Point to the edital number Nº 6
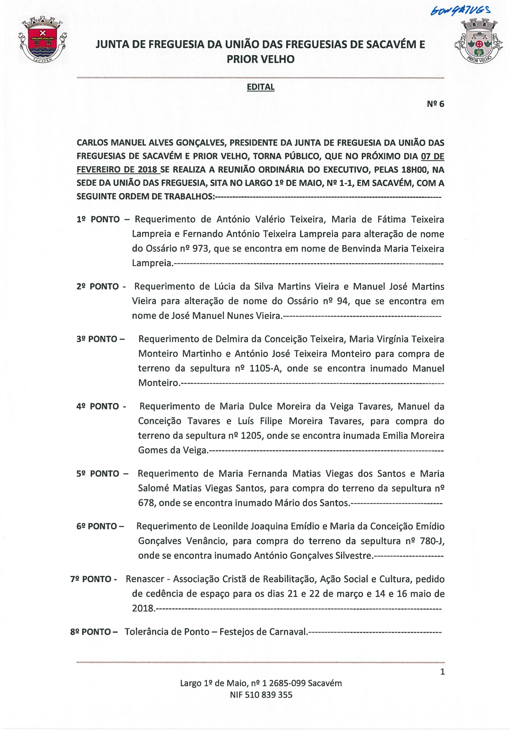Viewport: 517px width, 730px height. (435, 104)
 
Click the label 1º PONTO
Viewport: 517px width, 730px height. (98, 219)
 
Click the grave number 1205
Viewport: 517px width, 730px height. (251, 436)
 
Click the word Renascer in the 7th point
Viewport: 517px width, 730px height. (145, 579)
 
